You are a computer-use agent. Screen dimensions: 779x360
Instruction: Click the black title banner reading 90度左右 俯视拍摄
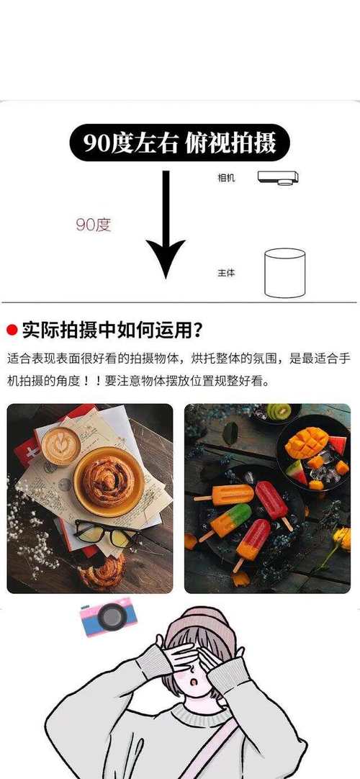tap(179, 143)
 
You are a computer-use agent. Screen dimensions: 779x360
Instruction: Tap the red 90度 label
tap(94, 225)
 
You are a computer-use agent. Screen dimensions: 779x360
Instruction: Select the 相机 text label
tap(226, 176)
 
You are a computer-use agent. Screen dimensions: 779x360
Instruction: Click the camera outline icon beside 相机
tap(278, 177)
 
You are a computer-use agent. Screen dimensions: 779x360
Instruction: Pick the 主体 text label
tap(226, 274)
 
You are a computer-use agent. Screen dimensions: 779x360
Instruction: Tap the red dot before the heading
tap(12, 330)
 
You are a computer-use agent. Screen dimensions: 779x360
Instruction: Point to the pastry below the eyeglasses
tap(101, 572)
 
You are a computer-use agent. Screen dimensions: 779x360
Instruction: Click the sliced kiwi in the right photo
tap(279, 413)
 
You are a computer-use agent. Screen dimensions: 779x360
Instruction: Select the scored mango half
tap(306, 441)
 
